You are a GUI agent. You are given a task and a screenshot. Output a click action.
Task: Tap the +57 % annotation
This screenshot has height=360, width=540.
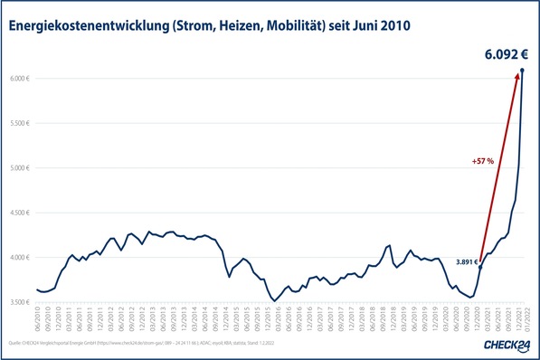click(483, 161)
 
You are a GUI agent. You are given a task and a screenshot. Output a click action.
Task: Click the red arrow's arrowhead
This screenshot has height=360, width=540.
click(516, 78)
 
